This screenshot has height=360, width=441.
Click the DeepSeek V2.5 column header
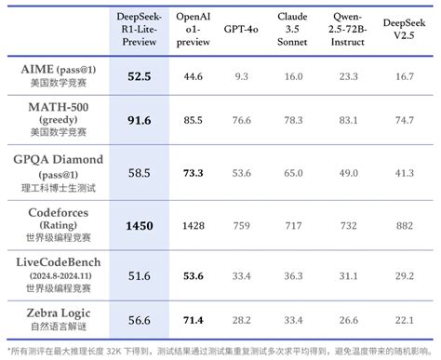[x=405, y=29]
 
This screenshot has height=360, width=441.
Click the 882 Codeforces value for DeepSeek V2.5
[x=405, y=224]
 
